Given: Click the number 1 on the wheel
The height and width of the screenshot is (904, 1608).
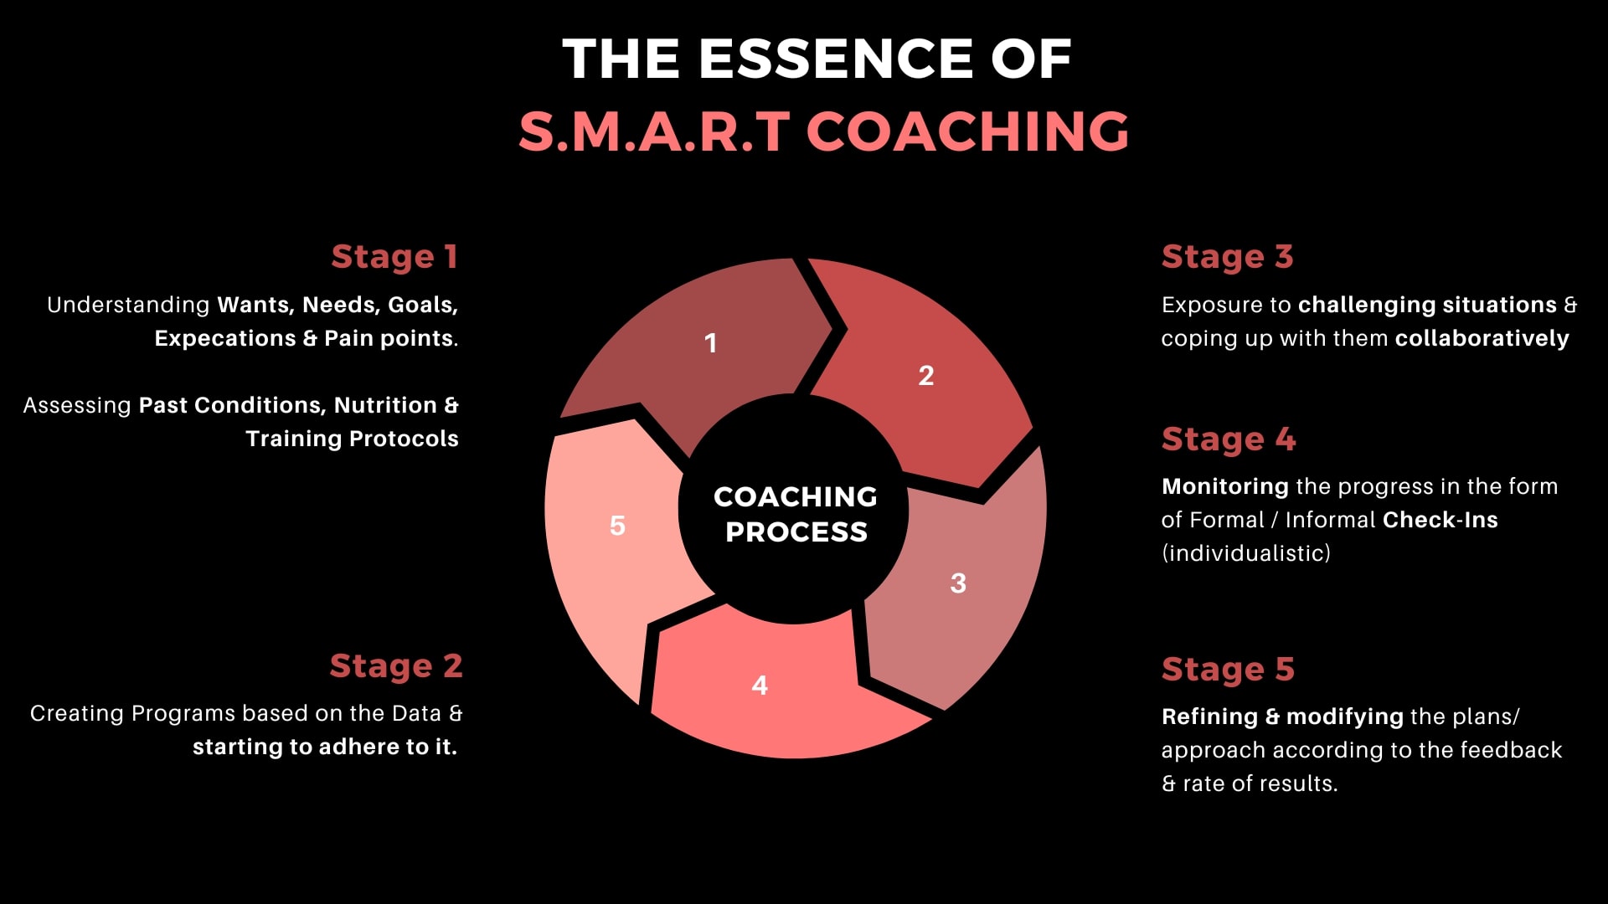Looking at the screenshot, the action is (x=710, y=343).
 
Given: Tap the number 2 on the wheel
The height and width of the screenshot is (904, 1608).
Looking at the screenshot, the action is (x=925, y=376).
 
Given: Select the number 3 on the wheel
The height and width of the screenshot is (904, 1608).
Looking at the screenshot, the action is (x=958, y=583).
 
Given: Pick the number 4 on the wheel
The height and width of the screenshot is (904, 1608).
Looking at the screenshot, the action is (x=760, y=686).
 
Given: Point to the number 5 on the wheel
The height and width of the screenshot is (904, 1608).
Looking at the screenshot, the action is (x=617, y=526).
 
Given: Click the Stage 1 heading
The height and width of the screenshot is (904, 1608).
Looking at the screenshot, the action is (x=394, y=257).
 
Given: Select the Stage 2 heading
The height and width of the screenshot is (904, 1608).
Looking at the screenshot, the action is (x=396, y=666).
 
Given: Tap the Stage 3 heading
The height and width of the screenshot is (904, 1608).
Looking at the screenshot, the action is (x=1227, y=257).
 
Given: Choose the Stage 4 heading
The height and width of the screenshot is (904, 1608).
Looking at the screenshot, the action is (x=1229, y=439).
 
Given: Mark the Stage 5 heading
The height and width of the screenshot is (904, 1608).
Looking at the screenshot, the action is (x=1228, y=670).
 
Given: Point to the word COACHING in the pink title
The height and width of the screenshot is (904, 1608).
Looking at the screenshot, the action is (x=967, y=131).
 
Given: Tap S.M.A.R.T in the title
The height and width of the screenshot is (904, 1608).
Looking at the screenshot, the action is (x=654, y=131).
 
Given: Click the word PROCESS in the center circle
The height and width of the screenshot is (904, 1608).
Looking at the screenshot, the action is (x=796, y=532).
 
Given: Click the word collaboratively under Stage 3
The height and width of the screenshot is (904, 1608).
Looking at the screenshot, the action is (x=1482, y=338).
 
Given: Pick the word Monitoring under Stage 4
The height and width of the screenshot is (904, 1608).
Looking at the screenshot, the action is (x=1225, y=487).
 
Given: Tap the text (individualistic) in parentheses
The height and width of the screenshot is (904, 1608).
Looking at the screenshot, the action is (x=1246, y=553).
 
